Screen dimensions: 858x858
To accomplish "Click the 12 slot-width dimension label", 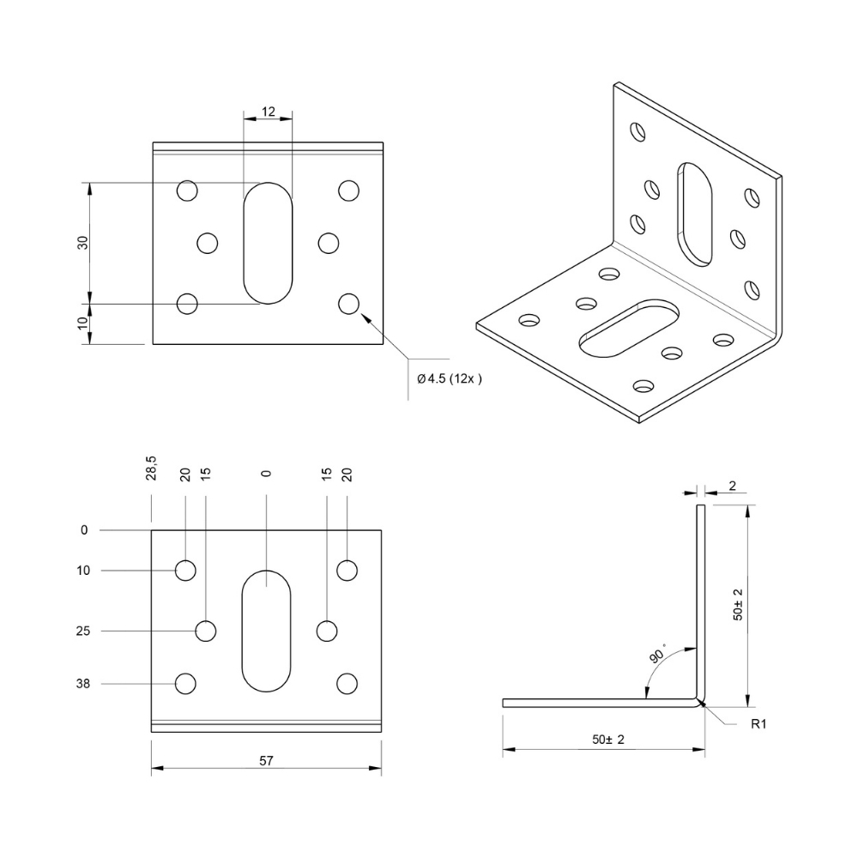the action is [268, 112].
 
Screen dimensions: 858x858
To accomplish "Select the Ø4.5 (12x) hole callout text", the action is [450, 378].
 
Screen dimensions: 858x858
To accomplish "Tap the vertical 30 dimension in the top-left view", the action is [82, 243].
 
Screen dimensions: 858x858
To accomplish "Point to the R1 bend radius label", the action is [758, 724].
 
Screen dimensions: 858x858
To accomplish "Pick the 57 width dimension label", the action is [266, 760].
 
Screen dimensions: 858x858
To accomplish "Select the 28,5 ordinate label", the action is [151, 468].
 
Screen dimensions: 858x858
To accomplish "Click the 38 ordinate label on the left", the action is [83, 684].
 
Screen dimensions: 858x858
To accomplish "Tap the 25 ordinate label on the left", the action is [83, 631].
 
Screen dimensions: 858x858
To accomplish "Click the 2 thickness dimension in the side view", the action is [733, 486].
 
